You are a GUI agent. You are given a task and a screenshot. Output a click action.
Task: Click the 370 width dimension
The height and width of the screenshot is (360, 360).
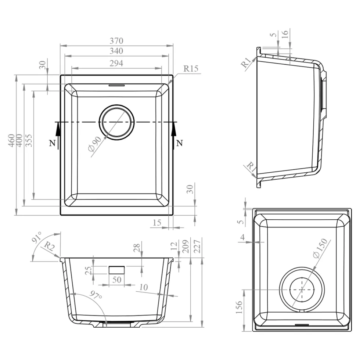[x=116, y=41]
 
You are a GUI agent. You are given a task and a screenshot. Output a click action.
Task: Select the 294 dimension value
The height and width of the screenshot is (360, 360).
[x=116, y=63]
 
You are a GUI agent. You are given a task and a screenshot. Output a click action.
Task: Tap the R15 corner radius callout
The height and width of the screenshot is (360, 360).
[x=191, y=68]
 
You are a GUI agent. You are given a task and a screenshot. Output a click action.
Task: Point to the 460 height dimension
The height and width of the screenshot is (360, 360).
[x=11, y=140]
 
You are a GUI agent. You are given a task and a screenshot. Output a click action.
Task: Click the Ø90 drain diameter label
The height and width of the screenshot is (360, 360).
[x=95, y=144]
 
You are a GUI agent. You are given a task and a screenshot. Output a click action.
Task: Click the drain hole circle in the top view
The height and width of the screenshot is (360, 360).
[x=116, y=105]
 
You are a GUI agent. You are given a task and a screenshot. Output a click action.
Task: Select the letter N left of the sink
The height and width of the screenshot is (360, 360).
[x=52, y=143]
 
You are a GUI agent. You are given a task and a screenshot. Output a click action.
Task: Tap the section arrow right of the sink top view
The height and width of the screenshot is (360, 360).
[x=174, y=135]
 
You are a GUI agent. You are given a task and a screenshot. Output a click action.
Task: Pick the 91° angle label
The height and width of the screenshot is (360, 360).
[x=37, y=237]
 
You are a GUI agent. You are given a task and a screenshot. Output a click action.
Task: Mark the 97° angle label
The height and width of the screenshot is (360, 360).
[x=96, y=295]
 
